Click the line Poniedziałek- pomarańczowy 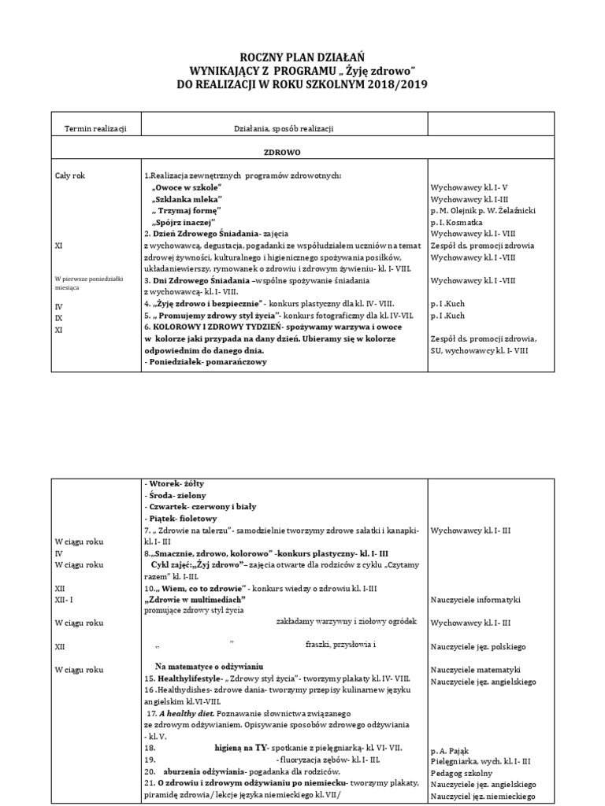(x=206, y=361)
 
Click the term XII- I (x=65, y=600)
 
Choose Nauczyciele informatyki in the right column (x=476, y=600)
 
